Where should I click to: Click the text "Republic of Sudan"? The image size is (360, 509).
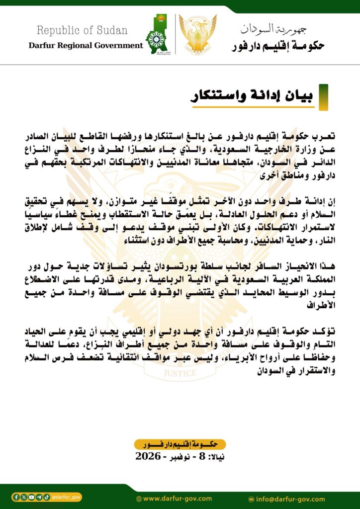tap(82, 30)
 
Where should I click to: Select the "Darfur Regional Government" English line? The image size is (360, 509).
tap(86, 45)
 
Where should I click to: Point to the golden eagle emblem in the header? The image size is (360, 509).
tap(197, 34)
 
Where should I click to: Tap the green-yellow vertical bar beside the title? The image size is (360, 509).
tap(323, 96)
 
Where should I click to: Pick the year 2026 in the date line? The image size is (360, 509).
tap(148, 456)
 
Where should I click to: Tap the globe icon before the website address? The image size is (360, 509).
tap(139, 498)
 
